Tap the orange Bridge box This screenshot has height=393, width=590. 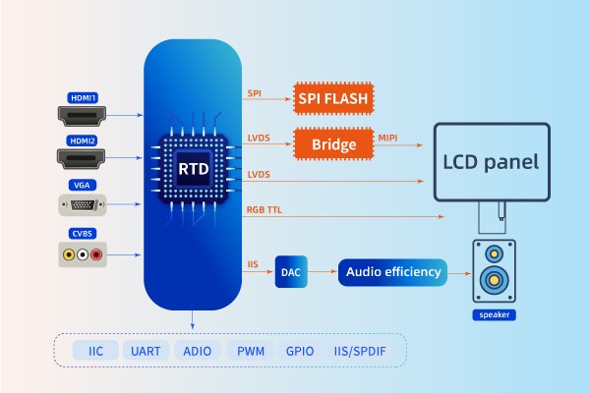tap(335, 144)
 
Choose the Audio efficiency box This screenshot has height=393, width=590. tap(391, 271)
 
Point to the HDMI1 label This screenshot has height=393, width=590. tap(83, 97)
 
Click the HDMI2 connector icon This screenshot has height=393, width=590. tap(83, 158)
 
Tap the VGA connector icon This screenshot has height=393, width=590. tap(83, 205)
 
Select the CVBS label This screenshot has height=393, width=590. tap(83, 233)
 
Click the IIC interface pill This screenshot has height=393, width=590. tap(95, 350)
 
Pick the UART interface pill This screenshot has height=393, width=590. tap(147, 350)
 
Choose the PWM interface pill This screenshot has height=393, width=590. tap(250, 350)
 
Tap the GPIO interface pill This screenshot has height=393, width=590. tap(299, 350)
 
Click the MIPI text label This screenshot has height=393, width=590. tap(388, 137)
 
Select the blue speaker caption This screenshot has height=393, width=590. tap(492, 315)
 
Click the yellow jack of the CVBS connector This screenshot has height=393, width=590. tap(68, 254)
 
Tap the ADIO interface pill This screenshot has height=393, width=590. tap(197, 350)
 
